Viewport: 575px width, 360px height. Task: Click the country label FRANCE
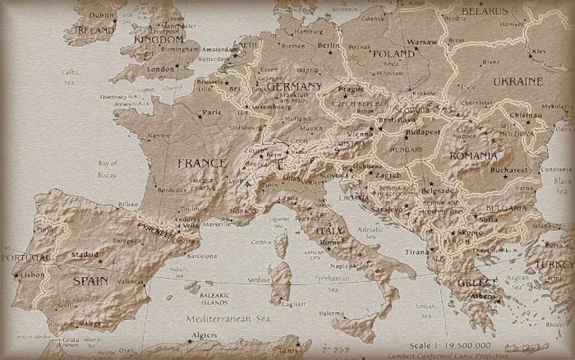tap(201, 164)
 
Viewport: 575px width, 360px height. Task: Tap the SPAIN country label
tap(90, 280)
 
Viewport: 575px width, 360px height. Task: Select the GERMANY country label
tap(295, 86)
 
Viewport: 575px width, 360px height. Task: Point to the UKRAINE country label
tap(517, 81)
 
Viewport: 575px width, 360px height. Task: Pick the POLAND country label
tap(393, 53)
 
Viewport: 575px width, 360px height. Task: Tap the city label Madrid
tap(86, 255)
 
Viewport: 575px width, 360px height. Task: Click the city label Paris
tap(213, 113)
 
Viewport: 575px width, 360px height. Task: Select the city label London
tap(162, 69)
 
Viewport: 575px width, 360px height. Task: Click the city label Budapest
tap(423, 132)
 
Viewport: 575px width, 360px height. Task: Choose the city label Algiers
tap(204, 335)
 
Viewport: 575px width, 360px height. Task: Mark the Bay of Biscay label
tap(108, 168)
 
